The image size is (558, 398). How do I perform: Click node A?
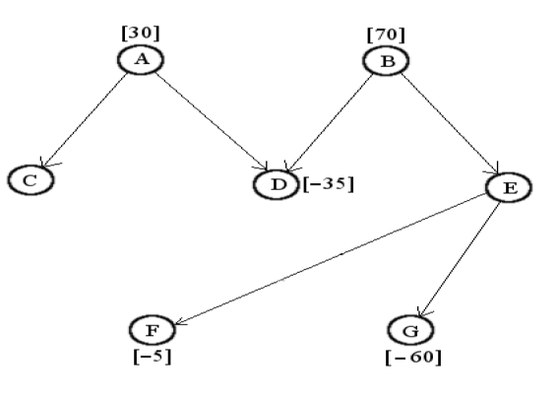tap(142, 60)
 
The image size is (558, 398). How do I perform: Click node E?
tap(509, 187)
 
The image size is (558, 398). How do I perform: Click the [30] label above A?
tap(139, 32)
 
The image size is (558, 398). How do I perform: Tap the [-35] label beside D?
tap(327, 183)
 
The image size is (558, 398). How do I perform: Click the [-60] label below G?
tap(412, 356)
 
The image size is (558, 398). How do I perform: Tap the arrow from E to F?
tap(335, 256)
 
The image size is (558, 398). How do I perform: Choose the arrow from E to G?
tap(461, 257)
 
